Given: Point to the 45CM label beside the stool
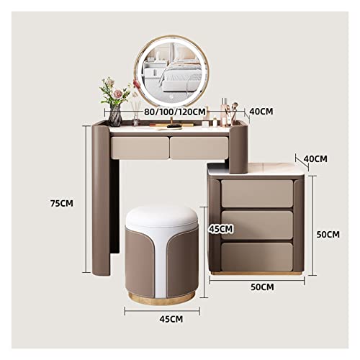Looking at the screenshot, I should pos(221,229).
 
